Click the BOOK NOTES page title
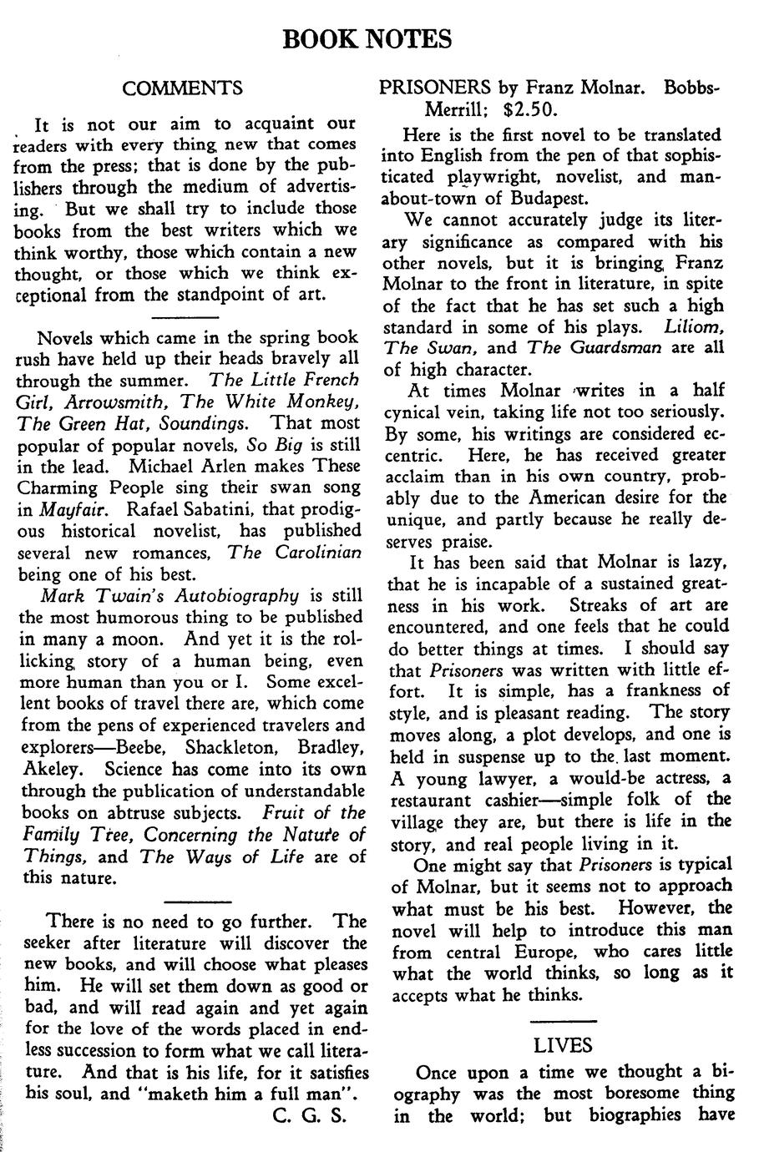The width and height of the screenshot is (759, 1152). (367, 38)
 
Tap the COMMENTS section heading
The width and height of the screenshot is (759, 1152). (183, 88)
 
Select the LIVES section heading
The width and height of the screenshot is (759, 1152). (563, 1044)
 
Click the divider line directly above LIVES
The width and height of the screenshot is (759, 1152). (563, 1021)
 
